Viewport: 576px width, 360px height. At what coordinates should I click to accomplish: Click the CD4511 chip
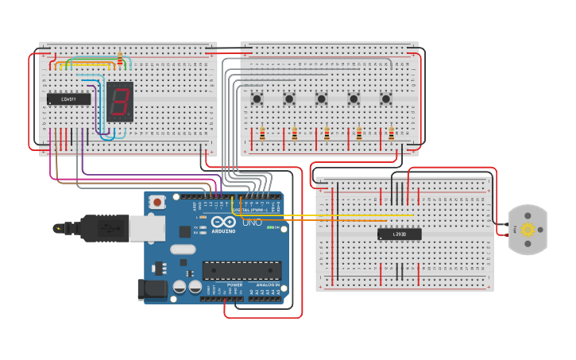click(x=68, y=99)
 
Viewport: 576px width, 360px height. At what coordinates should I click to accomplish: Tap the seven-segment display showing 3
click(x=120, y=102)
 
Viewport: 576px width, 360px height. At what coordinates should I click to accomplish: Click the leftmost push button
click(x=257, y=99)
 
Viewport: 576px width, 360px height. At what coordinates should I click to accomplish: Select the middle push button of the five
click(x=322, y=99)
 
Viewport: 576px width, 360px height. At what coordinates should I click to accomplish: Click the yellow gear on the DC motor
click(x=528, y=230)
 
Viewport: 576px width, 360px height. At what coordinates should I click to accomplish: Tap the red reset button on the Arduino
click(x=157, y=202)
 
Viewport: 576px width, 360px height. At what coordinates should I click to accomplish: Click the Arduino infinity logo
click(x=223, y=223)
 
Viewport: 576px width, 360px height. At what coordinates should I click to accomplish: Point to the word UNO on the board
click(x=251, y=223)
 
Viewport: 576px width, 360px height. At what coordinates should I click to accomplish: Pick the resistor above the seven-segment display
click(x=120, y=59)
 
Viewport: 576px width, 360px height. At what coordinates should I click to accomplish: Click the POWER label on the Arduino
click(x=235, y=285)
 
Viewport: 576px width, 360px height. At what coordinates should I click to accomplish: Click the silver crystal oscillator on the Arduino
click(x=182, y=250)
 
